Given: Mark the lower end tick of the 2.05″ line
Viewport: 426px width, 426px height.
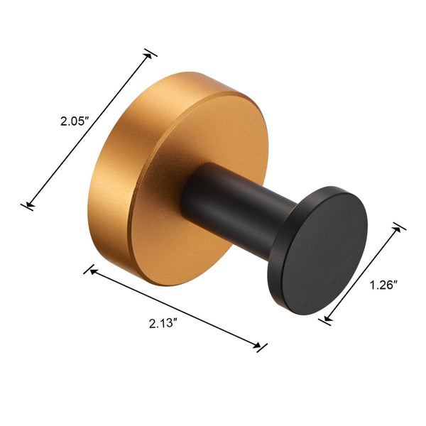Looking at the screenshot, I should tap(28, 206).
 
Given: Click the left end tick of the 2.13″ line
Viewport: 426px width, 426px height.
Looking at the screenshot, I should tap(89, 270).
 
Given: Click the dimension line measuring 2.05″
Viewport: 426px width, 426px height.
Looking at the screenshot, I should tap(89, 129).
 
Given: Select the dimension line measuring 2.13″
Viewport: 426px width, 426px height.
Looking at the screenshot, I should tap(175, 308).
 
